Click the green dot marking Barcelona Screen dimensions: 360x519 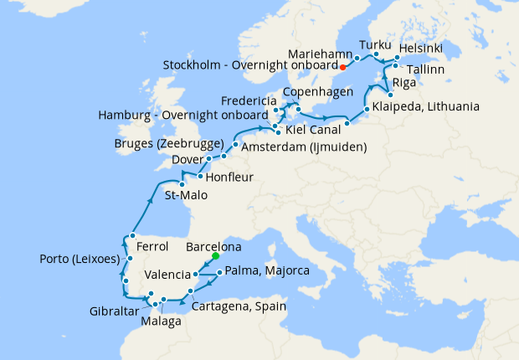(x=215, y=256)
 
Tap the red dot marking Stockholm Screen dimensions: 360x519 (x=343, y=66)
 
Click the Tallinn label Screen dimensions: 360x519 (x=426, y=70)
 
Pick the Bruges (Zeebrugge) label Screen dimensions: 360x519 (x=168, y=143)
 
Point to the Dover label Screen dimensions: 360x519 (x=188, y=159)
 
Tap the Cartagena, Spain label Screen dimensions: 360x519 (x=239, y=306)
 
